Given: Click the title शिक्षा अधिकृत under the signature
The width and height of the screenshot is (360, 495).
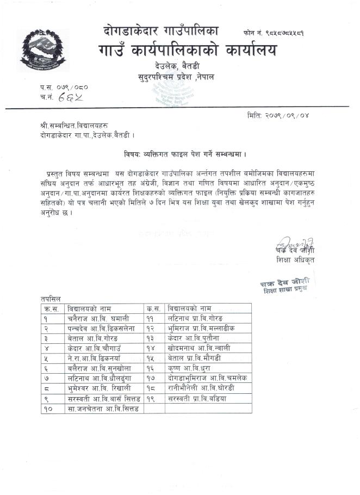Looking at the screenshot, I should [295, 261].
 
